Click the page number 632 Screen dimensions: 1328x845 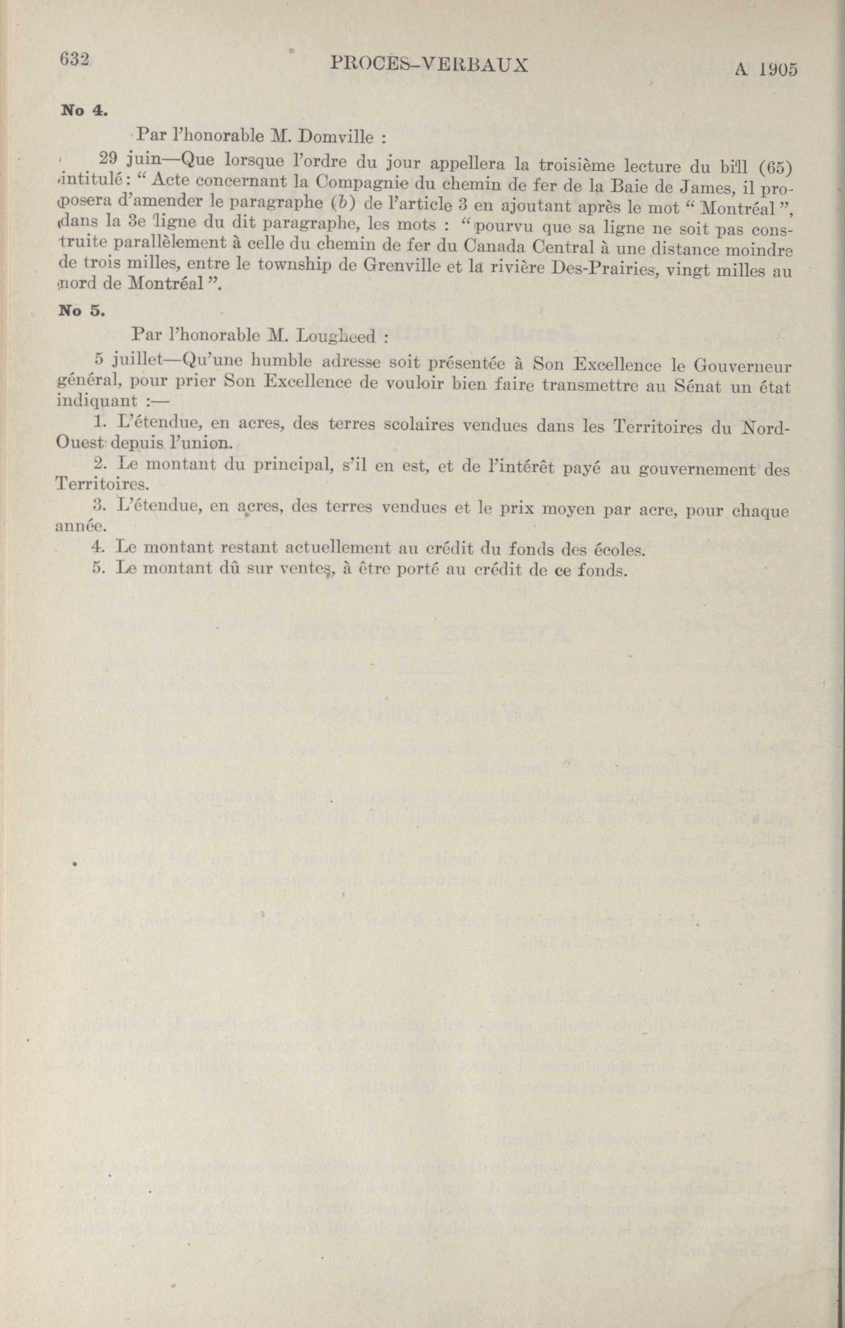click(x=74, y=59)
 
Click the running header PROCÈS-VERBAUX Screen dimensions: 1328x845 click(x=430, y=65)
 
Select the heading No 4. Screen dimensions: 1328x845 click(x=83, y=110)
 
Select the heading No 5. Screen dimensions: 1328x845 click(x=81, y=311)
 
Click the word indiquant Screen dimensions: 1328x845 click(x=97, y=400)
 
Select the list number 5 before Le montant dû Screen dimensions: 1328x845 click(x=99, y=568)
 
